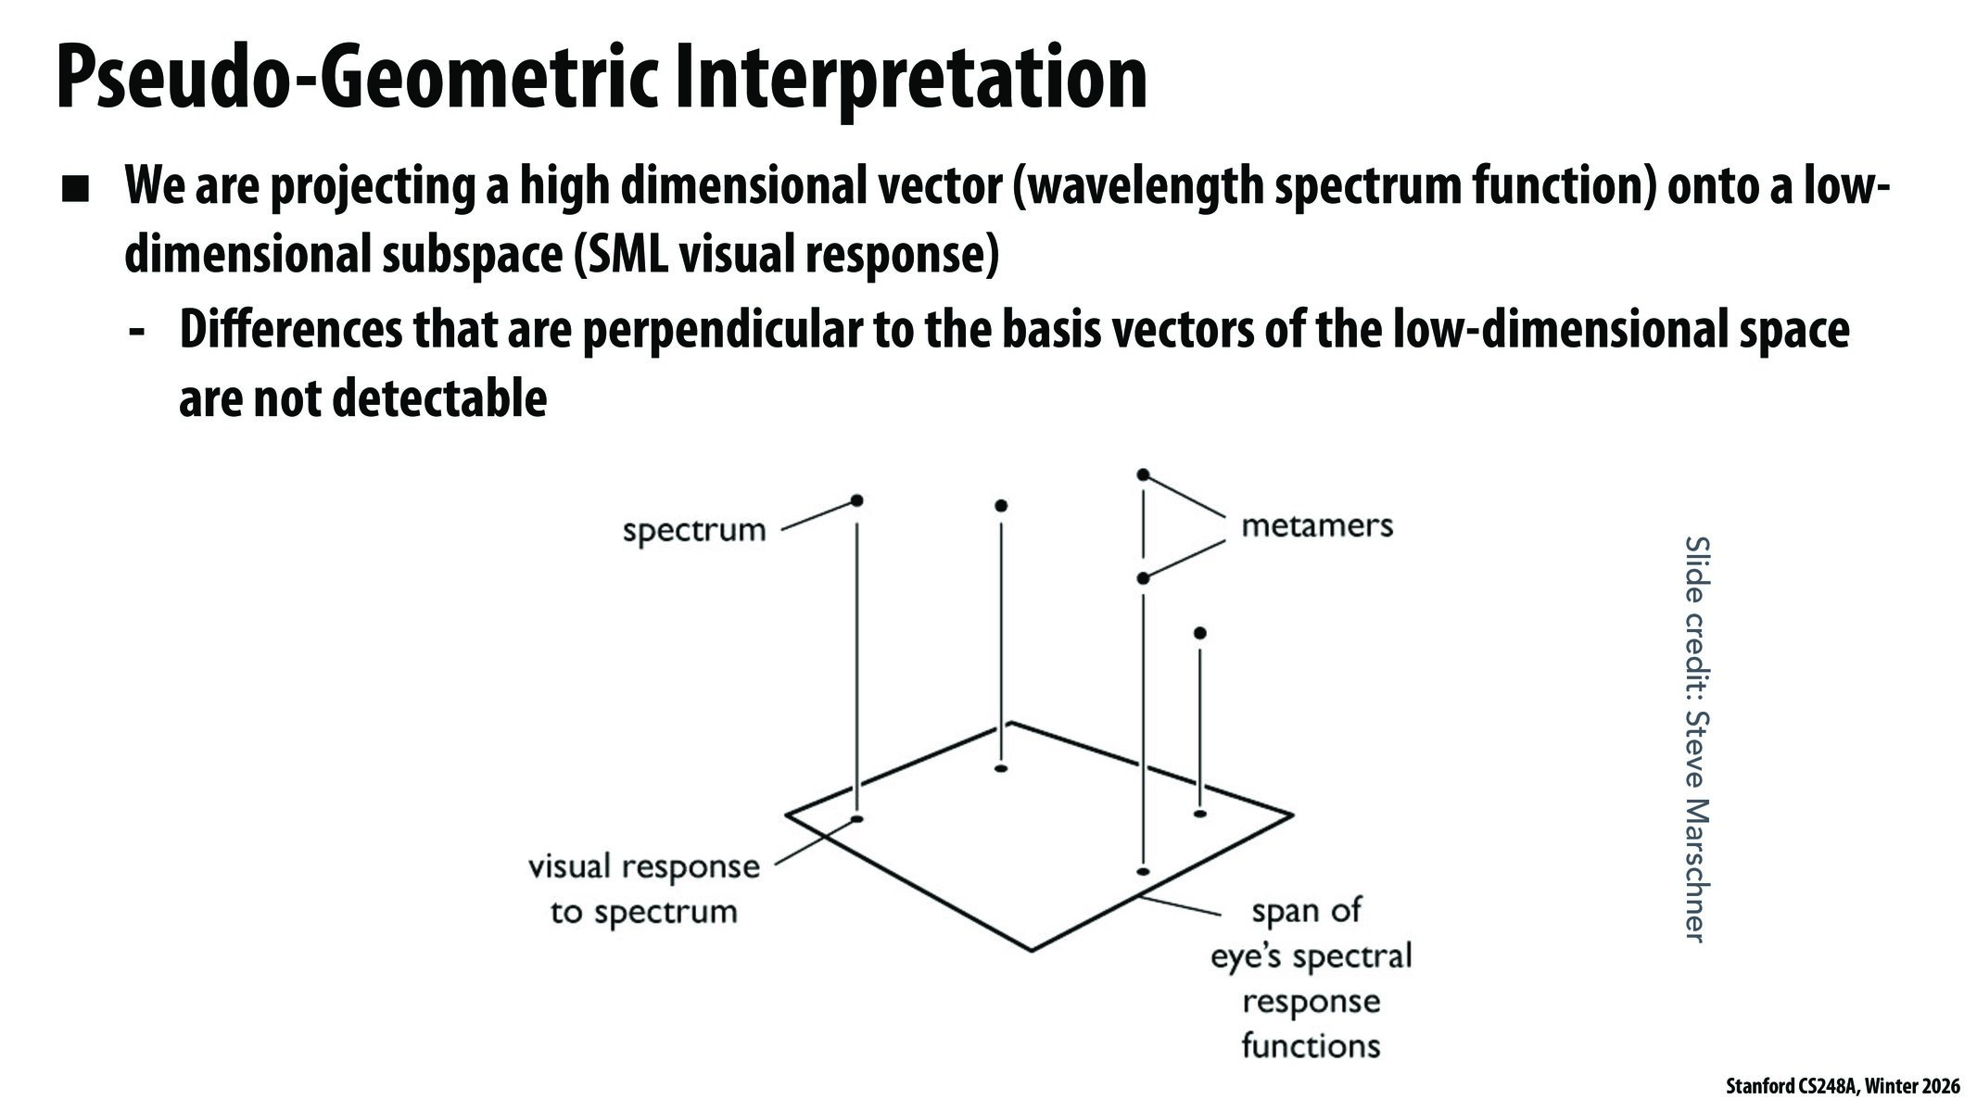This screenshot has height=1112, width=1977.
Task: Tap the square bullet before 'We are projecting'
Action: point(76,190)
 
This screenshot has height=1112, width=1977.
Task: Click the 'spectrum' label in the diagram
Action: point(694,531)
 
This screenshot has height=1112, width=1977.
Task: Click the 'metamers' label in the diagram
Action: point(1316,525)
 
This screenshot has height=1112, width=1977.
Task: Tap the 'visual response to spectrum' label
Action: point(643,889)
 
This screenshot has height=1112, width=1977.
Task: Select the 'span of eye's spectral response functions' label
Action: point(1311,978)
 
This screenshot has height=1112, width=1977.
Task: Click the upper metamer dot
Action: point(1143,474)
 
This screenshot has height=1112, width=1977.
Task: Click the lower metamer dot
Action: point(1143,578)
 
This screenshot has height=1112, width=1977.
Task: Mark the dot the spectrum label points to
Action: point(856,500)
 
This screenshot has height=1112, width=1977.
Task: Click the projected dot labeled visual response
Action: point(856,819)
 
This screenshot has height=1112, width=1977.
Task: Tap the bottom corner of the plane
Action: point(1031,950)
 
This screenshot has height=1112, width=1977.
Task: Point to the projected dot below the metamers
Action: point(1143,872)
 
